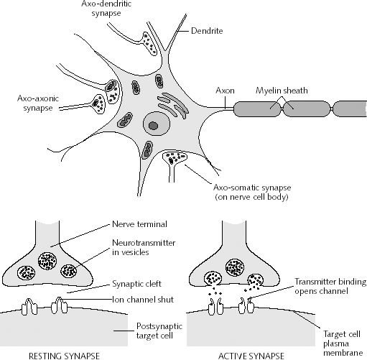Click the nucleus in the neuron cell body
click(152, 126)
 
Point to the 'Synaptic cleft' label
click(137, 282)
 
